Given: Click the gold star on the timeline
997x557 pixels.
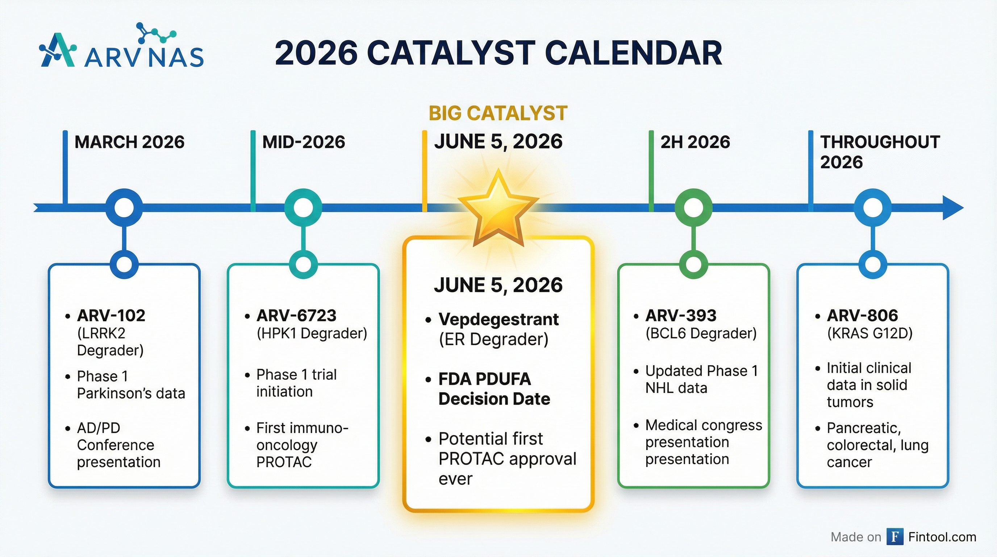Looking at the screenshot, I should (498, 207).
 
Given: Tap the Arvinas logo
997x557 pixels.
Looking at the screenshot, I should (121, 49).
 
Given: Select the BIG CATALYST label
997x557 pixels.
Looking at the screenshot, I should (498, 113).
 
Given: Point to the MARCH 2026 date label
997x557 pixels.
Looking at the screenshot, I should (129, 142).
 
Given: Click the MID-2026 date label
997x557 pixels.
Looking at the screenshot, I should (304, 142).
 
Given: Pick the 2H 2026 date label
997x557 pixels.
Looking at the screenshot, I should (695, 142).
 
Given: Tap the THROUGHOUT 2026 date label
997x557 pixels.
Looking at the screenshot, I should (880, 152).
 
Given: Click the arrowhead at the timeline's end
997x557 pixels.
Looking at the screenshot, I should (952, 208).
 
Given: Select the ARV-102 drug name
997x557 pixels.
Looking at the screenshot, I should (111, 316).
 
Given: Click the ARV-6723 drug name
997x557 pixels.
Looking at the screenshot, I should (296, 316).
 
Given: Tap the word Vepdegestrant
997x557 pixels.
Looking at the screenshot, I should (498, 319).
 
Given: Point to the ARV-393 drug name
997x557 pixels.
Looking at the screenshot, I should (680, 316).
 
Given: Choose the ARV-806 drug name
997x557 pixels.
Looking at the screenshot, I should (862, 316).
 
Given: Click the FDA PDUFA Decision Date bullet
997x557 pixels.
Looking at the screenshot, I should (494, 389).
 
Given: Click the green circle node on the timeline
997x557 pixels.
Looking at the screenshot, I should (693, 208).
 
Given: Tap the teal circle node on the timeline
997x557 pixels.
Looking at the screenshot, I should (303, 208).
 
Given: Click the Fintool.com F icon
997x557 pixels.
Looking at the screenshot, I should (895, 537).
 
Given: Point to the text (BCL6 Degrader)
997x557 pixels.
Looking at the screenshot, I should (701, 333).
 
